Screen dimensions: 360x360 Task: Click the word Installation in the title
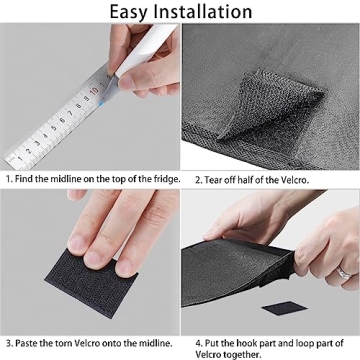[203, 11]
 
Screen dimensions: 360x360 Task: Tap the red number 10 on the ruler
[94, 90]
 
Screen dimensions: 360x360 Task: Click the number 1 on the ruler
[20, 158]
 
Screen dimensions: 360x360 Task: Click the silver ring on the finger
[343, 273]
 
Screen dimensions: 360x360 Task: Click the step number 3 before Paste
[10, 343]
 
